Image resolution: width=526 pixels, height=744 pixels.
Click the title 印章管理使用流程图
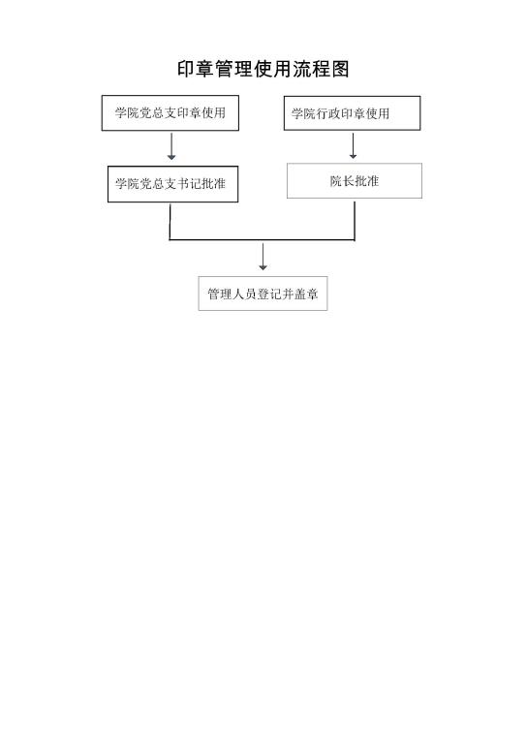[263, 70]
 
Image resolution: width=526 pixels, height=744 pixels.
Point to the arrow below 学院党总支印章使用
[171, 146]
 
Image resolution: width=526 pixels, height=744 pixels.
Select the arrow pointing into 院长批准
[353, 145]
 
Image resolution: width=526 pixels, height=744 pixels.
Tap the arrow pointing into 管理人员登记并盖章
[263, 257]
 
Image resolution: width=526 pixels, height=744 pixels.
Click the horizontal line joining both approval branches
[263, 240]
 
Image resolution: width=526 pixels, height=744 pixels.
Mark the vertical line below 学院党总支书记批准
[170, 222]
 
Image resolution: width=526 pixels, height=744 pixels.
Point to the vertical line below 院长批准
[355, 221]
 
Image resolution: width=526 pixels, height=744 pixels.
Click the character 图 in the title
[341, 70]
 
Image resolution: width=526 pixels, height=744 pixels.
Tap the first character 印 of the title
[186, 70]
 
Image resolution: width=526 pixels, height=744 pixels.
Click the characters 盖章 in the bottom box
[306, 294]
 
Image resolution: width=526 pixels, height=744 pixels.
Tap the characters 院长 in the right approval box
[342, 181]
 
